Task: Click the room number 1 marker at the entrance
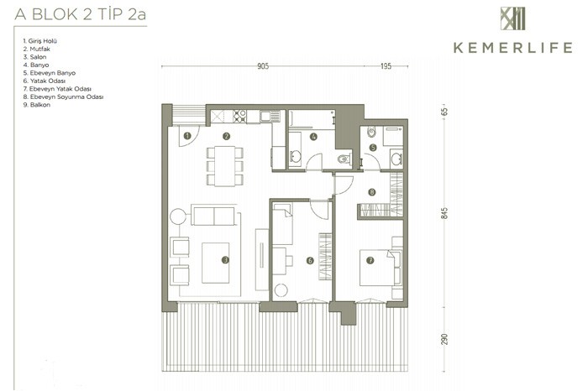[187, 136]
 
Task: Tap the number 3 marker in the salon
[225, 259]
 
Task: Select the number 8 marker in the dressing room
[371, 192]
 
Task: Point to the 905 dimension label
[263, 66]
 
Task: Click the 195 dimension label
[386, 66]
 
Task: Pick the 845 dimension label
[444, 213]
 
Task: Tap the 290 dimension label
[444, 339]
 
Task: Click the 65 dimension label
[444, 112]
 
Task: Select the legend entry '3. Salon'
[35, 57]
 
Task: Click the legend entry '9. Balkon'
[37, 105]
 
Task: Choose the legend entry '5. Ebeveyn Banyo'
[49, 73]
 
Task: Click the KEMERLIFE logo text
[512, 48]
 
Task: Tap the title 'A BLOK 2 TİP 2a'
[81, 14]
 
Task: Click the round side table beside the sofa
[178, 216]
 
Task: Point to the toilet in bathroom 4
[344, 159]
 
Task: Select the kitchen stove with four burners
[239, 116]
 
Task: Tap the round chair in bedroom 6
[281, 290]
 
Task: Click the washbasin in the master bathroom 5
[396, 159]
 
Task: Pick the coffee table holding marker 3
[216, 263]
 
